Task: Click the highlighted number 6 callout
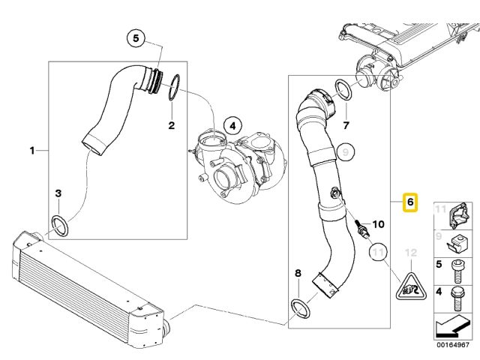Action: (x=409, y=202)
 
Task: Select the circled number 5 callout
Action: (x=136, y=38)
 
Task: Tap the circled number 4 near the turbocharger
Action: (x=232, y=125)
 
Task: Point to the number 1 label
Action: (x=32, y=150)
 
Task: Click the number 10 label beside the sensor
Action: (x=377, y=224)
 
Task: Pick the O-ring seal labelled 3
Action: (x=60, y=224)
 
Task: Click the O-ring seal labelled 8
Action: (x=299, y=307)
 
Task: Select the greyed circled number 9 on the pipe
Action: (x=345, y=153)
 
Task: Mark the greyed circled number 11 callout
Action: (x=379, y=253)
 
